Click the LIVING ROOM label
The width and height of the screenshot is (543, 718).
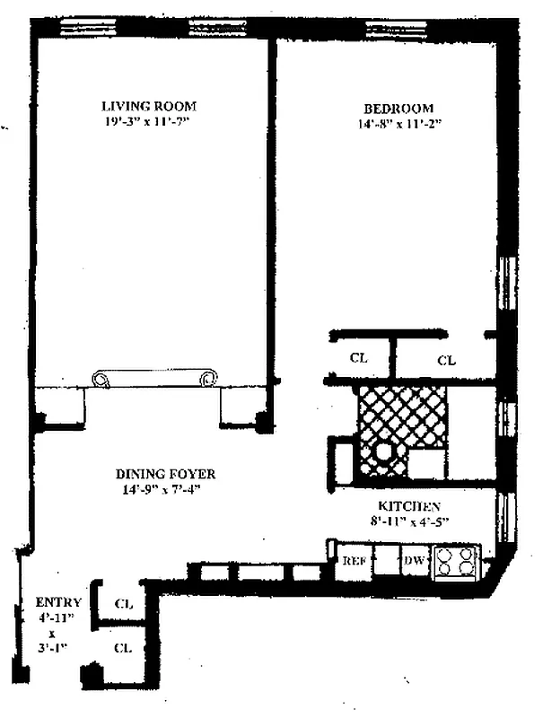pos(149,106)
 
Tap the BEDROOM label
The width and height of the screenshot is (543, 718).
pos(398,109)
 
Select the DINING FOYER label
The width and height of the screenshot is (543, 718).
pos(165,474)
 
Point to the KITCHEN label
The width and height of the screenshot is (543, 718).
pos(409,506)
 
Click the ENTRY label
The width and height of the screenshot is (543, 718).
pos(58,601)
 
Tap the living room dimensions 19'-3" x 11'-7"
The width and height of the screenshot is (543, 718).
pos(145,122)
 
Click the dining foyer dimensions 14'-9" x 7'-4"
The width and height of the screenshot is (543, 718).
pos(162,489)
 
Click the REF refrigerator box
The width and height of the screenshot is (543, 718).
pos(355,559)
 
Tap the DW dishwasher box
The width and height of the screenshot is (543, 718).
pos(415,559)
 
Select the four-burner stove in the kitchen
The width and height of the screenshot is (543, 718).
pos(454,562)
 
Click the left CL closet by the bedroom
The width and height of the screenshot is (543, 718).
pos(359,358)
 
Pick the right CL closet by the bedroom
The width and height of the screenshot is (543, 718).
pos(445,360)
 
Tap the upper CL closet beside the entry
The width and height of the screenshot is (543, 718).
pos(123,603)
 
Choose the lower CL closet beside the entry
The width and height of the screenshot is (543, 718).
pos(123,647)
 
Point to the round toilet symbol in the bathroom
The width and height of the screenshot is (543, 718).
pos(382,455)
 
